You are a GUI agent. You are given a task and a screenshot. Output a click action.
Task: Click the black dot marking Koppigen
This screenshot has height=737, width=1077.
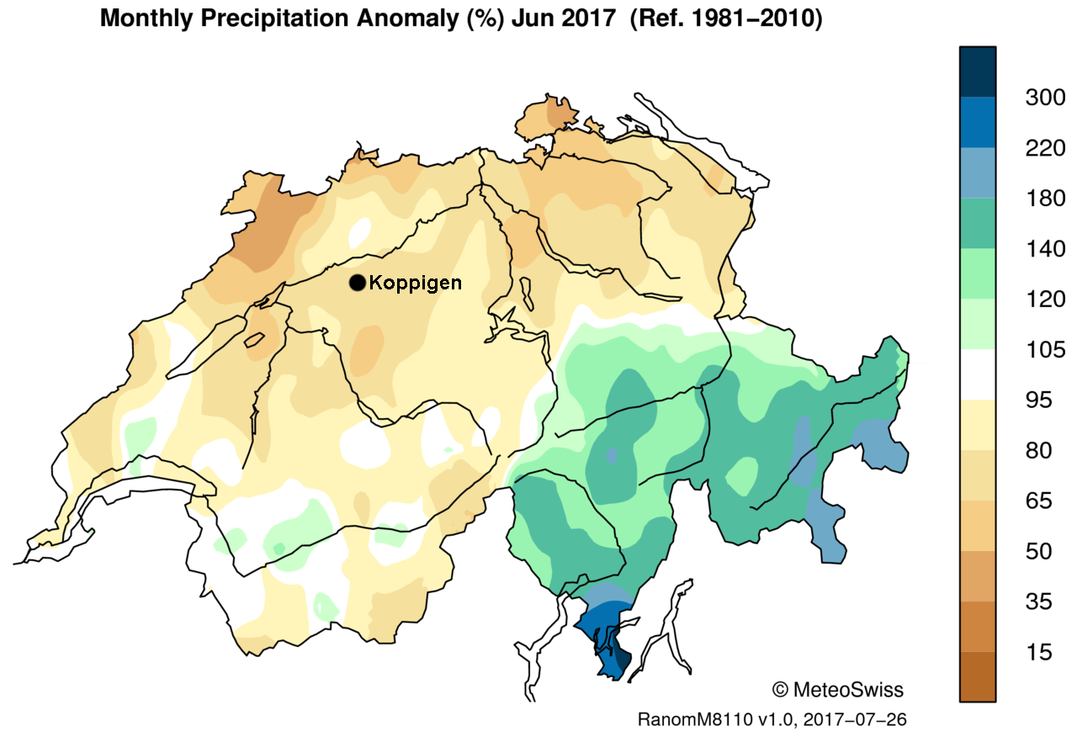point(357,283)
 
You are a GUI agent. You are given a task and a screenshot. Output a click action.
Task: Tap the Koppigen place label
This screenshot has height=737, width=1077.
point(416,283)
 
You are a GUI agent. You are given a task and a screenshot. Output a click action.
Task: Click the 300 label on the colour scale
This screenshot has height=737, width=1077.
point(1045,98)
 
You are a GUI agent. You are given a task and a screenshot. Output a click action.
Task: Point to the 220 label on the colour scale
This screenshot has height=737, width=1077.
point(1045,148)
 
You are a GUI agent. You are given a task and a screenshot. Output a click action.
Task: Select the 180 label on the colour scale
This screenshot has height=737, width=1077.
point(1045,199)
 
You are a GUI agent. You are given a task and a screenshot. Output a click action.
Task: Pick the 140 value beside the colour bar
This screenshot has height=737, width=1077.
point(1045,249)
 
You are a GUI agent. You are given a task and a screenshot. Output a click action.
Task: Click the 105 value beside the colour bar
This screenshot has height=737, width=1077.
point(1045,350)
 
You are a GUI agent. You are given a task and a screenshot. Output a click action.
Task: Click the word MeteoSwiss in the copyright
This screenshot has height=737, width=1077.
point(848,690)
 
